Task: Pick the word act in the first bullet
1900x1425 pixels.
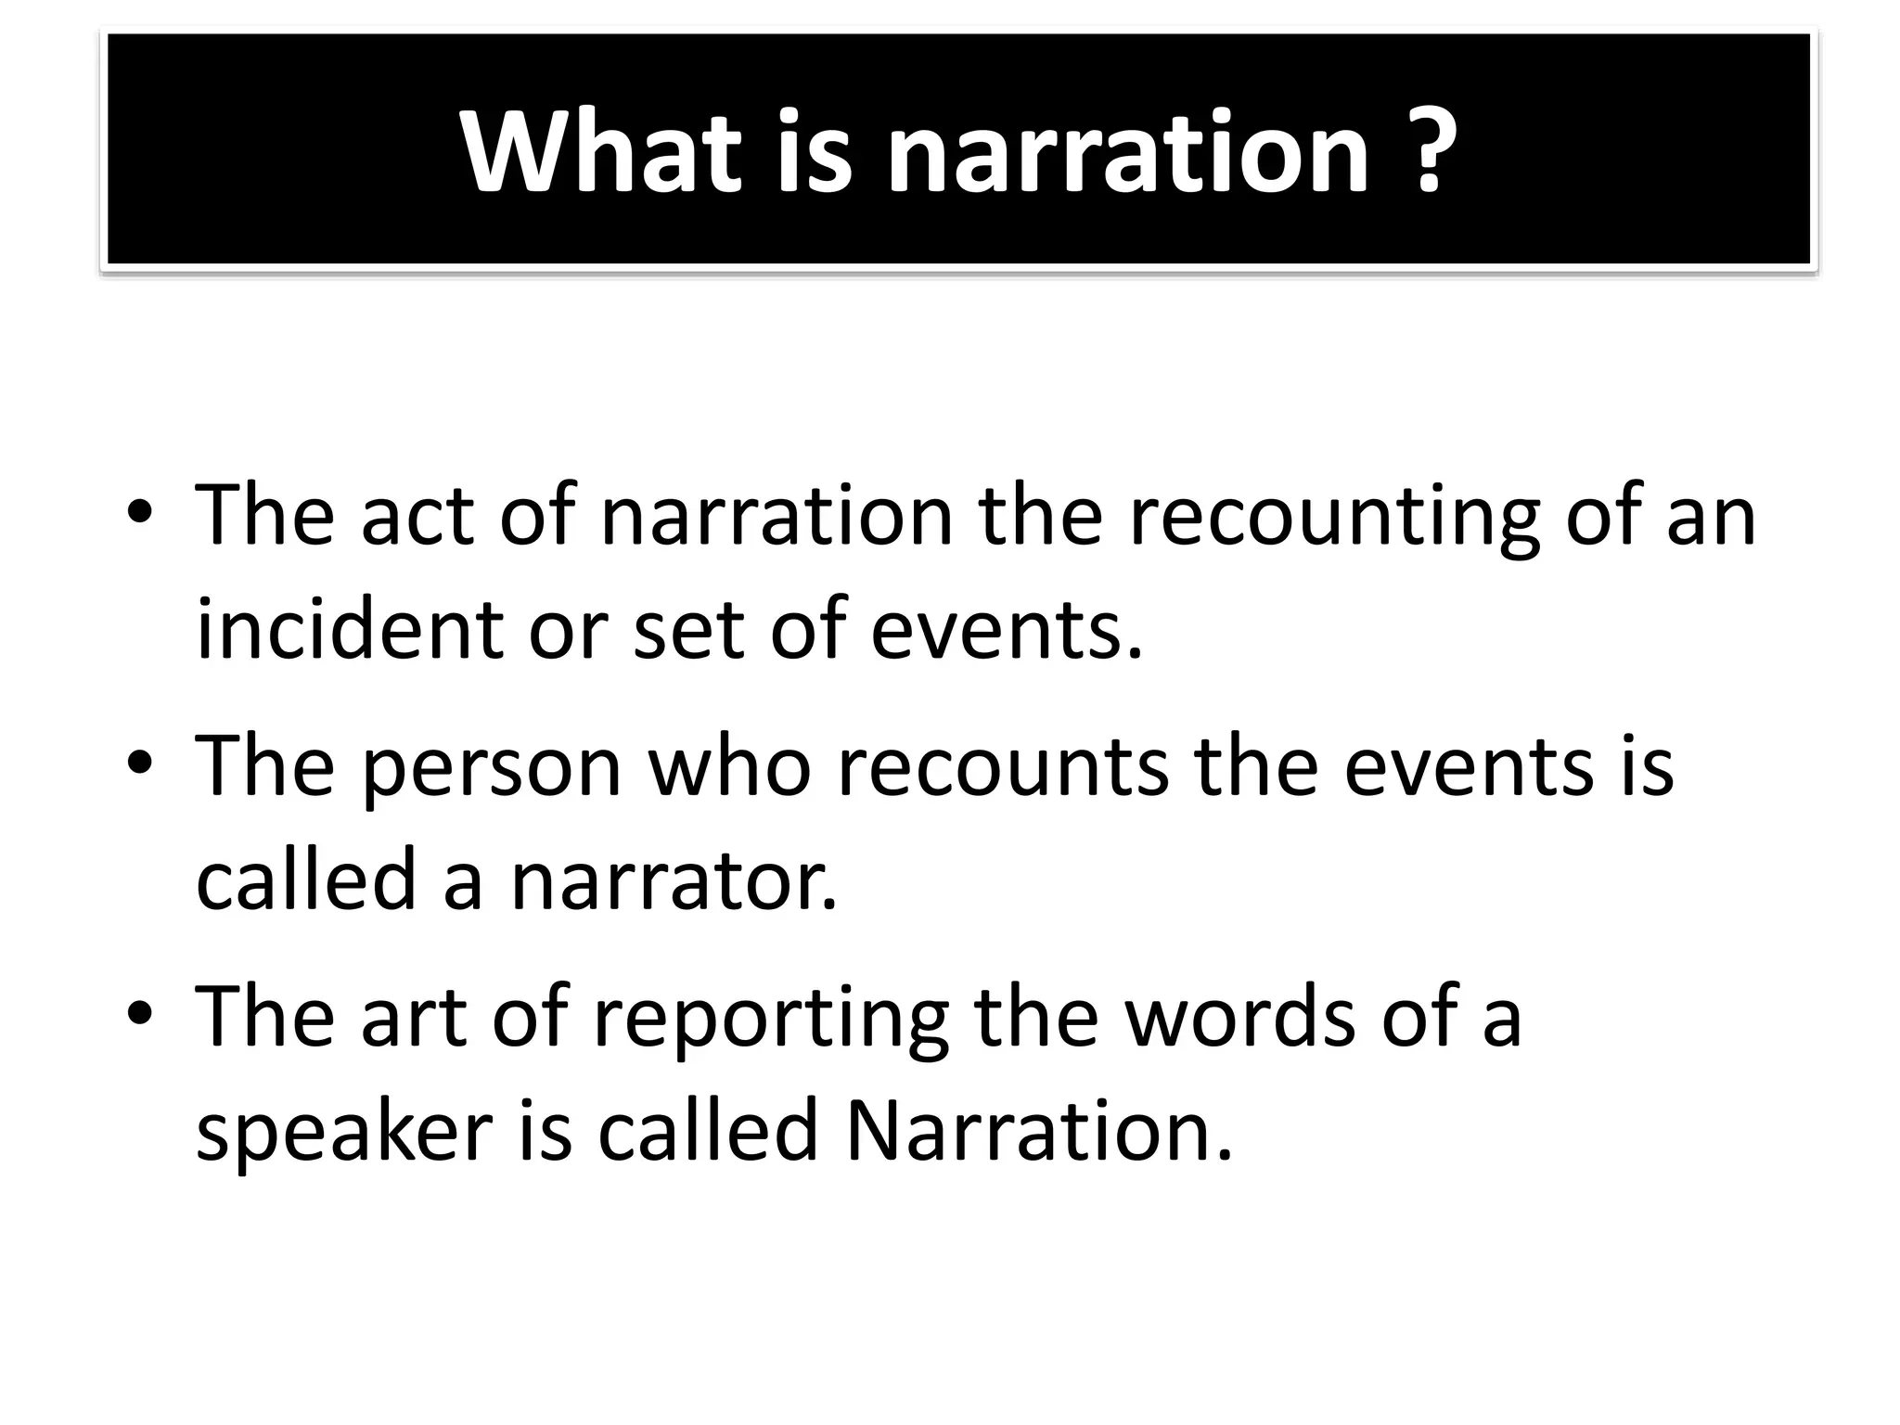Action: coord(417,516)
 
